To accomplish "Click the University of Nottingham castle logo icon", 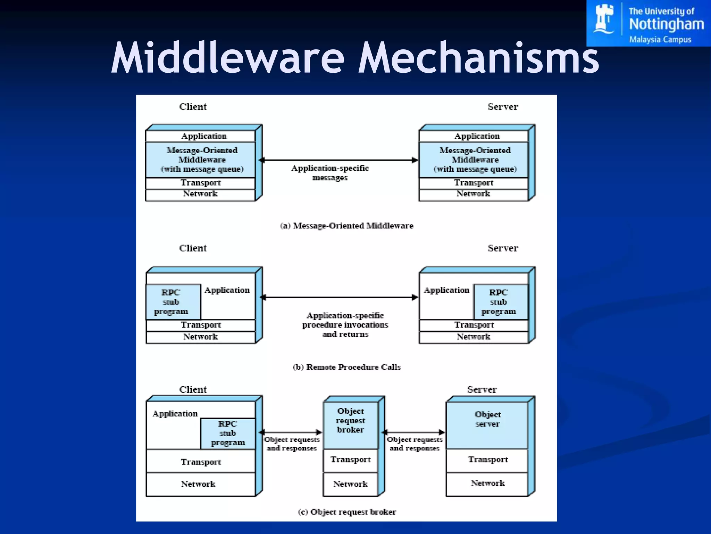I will [x=604, y=19].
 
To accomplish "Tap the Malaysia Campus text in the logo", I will [x=660, y=40].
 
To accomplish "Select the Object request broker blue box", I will [x=350, y=425].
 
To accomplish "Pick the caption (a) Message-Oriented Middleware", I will [x=346, y=226].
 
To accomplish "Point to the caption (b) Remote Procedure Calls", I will [x=346, y=367].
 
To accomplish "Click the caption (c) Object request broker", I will [x=346, y=512].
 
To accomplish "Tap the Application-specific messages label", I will [x=330, y=173].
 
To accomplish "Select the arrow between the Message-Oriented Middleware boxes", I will [x=338, y=160].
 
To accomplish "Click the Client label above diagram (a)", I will [x=193, y=107].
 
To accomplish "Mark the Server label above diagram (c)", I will [x=482, y=389].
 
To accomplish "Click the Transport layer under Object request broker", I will [x=350, y=460].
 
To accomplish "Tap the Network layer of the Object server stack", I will [x=487, y=483].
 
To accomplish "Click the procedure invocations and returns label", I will [x=345, y=325].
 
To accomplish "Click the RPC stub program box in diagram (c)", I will [x=228, y=433].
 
